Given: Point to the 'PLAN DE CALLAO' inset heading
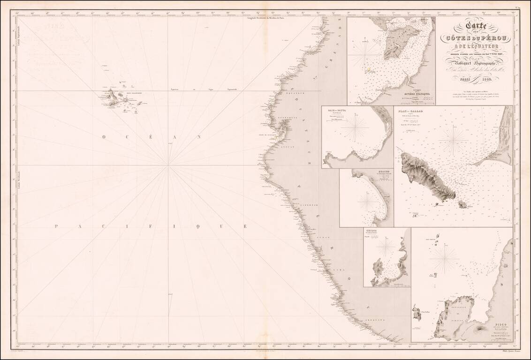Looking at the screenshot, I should click(410, 112).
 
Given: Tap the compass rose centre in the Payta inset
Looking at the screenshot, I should click(355, 128).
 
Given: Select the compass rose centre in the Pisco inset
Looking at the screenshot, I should click(444, 259).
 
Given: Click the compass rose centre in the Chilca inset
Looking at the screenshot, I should click(386, 247).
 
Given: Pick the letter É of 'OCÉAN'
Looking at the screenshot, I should click(136, 137).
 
